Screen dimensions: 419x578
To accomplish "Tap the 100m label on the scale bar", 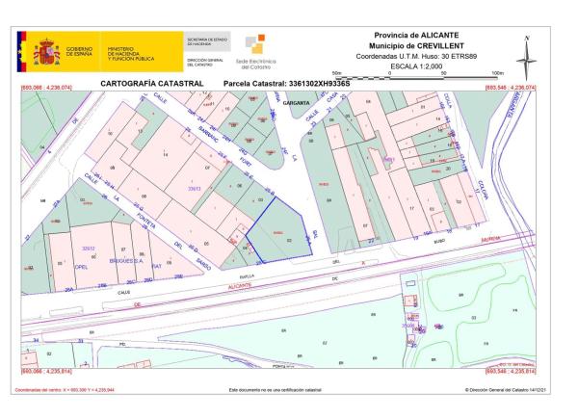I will coord(497,72).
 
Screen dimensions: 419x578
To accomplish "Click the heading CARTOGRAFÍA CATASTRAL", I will coord(151,84).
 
